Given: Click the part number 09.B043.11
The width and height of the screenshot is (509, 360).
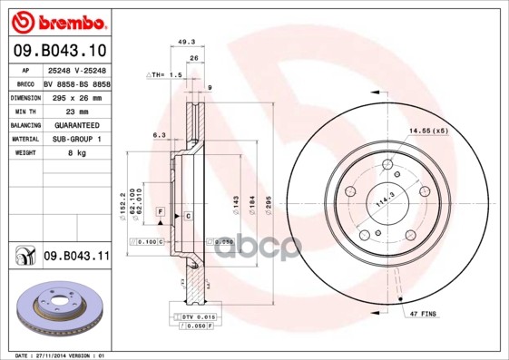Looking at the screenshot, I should pos(75,258).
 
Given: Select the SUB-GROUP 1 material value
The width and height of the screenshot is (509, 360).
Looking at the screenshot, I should pos(72,139).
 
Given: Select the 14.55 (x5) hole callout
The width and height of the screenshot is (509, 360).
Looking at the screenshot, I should pos(427,131).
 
